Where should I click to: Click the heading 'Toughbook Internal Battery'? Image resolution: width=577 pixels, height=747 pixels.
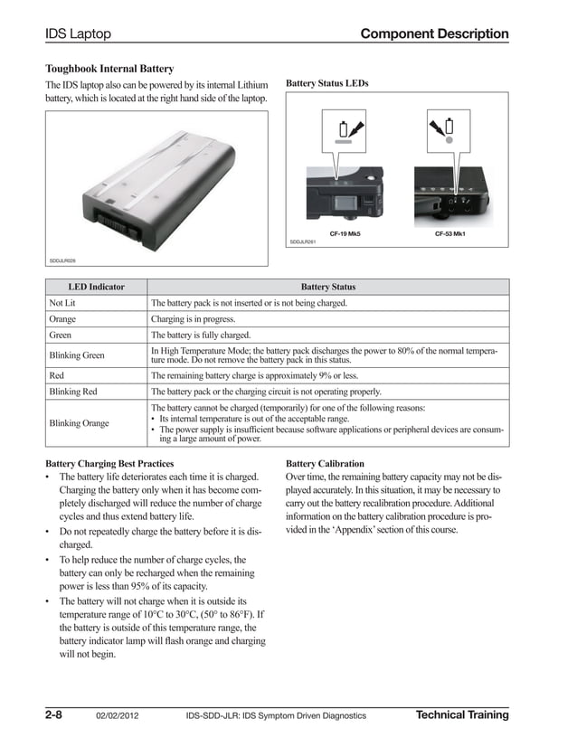(x=109, y=69)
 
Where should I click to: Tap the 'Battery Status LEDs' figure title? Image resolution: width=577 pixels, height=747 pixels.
(x=326, y=83)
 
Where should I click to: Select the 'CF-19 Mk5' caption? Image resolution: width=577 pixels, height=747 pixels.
(x=345, y=233)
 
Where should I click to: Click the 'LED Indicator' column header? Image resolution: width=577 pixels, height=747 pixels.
(x=97, y=287)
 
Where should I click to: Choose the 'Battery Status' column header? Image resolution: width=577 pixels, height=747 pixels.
(x=327, y=287)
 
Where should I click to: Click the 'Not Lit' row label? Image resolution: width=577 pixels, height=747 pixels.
(x=62, y=303)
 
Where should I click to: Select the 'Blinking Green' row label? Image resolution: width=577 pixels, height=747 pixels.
(x=77, y=355)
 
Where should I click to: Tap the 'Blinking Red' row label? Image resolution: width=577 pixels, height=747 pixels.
(x=73, y=392)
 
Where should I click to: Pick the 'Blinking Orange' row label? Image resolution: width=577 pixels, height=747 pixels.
(x=79, y=423)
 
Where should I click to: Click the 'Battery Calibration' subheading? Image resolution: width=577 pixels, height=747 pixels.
(x=325, y=463)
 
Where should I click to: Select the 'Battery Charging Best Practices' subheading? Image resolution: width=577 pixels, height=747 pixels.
(x=109, y=463)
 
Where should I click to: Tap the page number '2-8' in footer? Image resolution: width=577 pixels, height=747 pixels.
(x=53, y=715)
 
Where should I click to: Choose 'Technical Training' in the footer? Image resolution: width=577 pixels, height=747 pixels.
(x=461, y=715)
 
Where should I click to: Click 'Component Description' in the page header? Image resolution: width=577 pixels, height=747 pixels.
(x=434, y=34)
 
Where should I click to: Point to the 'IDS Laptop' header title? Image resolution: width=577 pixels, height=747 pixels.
(x=78, y=34)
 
